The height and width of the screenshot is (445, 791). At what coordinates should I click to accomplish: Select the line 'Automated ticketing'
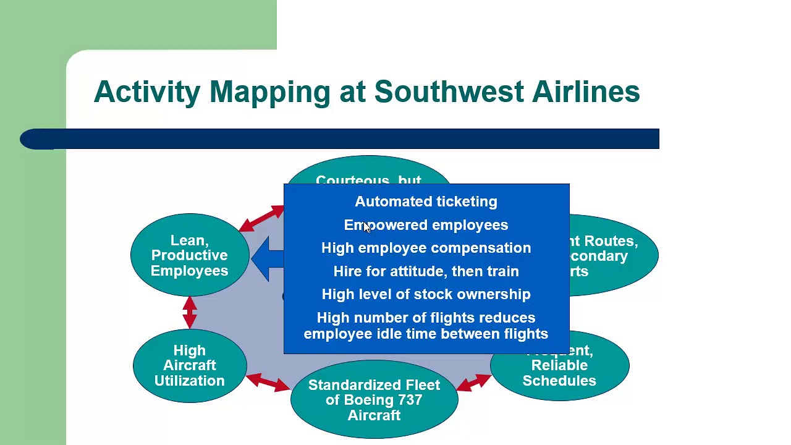(x=426, y=201)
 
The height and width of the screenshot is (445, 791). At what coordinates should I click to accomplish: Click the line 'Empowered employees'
(x=426, y=225)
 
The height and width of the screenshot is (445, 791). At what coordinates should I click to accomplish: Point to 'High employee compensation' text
(x=426, y=248)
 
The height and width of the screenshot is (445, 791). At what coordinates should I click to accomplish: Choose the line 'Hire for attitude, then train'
(x=426, y=271)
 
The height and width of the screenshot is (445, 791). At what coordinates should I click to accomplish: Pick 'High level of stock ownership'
(x=426, y=294)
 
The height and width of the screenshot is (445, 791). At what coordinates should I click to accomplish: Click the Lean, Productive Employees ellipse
(x=189, y=255)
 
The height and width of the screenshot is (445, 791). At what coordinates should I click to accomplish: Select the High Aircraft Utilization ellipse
(x=189, y=365)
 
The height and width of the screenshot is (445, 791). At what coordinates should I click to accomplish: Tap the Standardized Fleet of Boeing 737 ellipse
(x=374, y=400)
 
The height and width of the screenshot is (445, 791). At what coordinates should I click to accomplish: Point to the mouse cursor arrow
(x=367, y=227)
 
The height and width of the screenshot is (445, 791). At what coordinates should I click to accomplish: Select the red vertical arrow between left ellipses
(x=190, y=312)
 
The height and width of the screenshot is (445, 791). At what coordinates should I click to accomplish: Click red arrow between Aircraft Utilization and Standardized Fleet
(x=268, y=382)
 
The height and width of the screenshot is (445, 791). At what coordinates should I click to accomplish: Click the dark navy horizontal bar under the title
(x=340, y=139)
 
